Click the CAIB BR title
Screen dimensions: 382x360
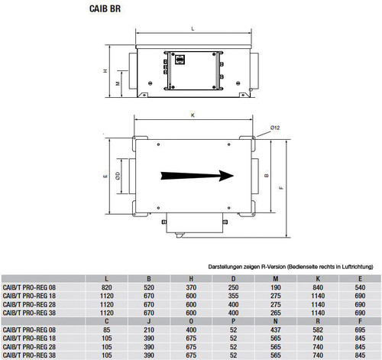coord(105,8)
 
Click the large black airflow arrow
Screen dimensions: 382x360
coord(197,176)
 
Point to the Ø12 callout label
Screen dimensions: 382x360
coord(275,128)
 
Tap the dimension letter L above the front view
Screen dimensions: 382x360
coord(193,29)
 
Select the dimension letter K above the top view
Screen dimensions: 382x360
coord(193,115)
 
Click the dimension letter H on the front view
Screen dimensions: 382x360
coord(105,71)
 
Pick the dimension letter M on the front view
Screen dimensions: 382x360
coord(118,83)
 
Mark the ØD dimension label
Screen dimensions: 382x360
coord(118,176)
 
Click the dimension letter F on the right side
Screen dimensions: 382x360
coord(281,188)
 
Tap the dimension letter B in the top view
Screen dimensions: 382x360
coord(267,175)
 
